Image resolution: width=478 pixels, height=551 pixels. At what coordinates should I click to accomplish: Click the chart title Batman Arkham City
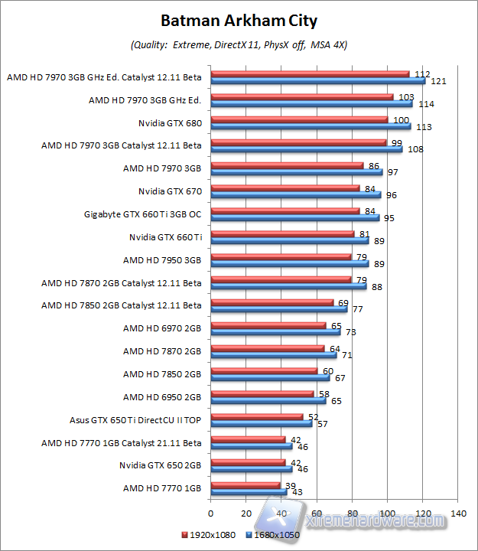239,20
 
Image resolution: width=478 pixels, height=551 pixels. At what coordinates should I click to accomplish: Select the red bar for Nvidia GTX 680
299,119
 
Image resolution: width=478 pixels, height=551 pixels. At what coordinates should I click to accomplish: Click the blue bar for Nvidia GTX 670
295,194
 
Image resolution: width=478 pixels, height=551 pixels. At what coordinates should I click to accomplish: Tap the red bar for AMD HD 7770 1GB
245,485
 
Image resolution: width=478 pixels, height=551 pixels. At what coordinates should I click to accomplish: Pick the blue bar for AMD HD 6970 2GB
275,331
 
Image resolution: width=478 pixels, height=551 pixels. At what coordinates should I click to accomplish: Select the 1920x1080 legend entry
208,535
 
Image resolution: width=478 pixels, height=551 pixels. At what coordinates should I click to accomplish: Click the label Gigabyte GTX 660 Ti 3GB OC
142,214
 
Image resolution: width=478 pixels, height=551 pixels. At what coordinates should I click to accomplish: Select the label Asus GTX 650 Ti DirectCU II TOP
135,419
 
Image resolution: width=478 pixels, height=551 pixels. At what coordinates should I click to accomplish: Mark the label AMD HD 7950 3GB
162,259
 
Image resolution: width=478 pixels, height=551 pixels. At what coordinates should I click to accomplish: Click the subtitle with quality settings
239,45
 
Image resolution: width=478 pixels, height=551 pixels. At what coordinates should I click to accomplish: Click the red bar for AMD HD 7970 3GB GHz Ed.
301,97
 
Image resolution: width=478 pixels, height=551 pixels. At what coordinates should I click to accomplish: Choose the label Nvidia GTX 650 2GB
160,465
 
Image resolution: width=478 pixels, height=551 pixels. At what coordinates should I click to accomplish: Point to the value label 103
406,96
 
